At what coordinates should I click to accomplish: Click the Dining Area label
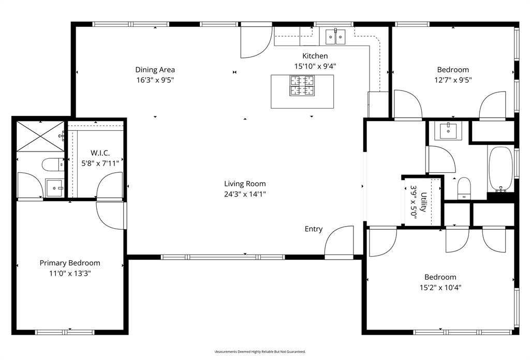[155, 70]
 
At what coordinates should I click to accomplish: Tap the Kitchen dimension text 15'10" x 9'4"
[315, 66]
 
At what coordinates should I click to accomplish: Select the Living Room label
[245, 184]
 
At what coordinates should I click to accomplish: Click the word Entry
[313, 229]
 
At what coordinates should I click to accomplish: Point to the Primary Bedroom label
[70, 263]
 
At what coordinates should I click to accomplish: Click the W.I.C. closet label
[100, 153]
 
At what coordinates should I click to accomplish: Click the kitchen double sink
[335, 36]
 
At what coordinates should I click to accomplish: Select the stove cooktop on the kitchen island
[302, 85]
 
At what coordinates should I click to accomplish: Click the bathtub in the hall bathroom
[500, 168]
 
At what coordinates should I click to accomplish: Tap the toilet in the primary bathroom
[52, 164]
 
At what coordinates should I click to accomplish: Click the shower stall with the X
[40, 136]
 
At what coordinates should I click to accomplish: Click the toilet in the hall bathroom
[464, 188]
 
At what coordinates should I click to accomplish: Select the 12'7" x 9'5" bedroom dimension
[453, 80]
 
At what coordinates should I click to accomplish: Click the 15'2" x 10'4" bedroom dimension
[440, 288]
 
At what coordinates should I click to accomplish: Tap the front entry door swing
[339, 242]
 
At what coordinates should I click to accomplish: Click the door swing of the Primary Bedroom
[110, 216]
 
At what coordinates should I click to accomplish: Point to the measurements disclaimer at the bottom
[260, 352]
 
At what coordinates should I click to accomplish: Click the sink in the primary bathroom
[54, 187]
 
